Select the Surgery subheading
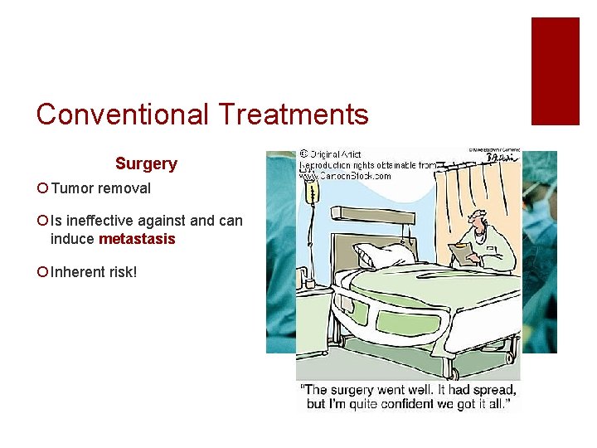click(x=146, y=164)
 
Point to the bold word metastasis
click(x=137, y=240)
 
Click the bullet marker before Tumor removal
click(x=42, y=189)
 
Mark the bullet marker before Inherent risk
click(x=42, y=273)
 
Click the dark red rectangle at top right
click(x=555, y=71)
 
